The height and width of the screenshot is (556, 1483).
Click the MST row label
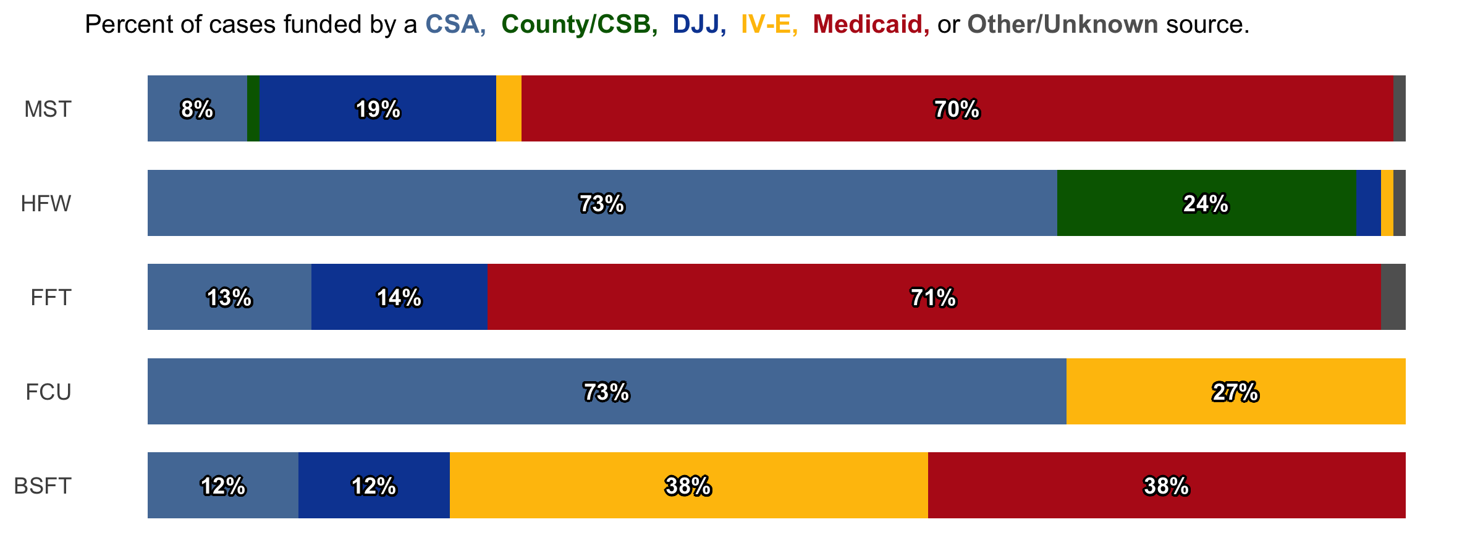click(48, 109)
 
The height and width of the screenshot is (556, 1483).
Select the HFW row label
click(46, 204)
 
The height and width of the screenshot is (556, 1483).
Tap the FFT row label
click(51, 298)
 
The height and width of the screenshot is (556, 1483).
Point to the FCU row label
click(48, 392)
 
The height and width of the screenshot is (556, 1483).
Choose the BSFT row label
click(43, 486)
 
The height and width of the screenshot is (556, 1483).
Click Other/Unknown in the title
click(1062, 25)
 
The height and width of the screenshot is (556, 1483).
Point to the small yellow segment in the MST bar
click(509, 109)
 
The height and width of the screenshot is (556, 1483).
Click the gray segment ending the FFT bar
click(1393, 297)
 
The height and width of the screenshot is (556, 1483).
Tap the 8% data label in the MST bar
click(196, 109)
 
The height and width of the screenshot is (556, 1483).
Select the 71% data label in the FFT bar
click(933, 298)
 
